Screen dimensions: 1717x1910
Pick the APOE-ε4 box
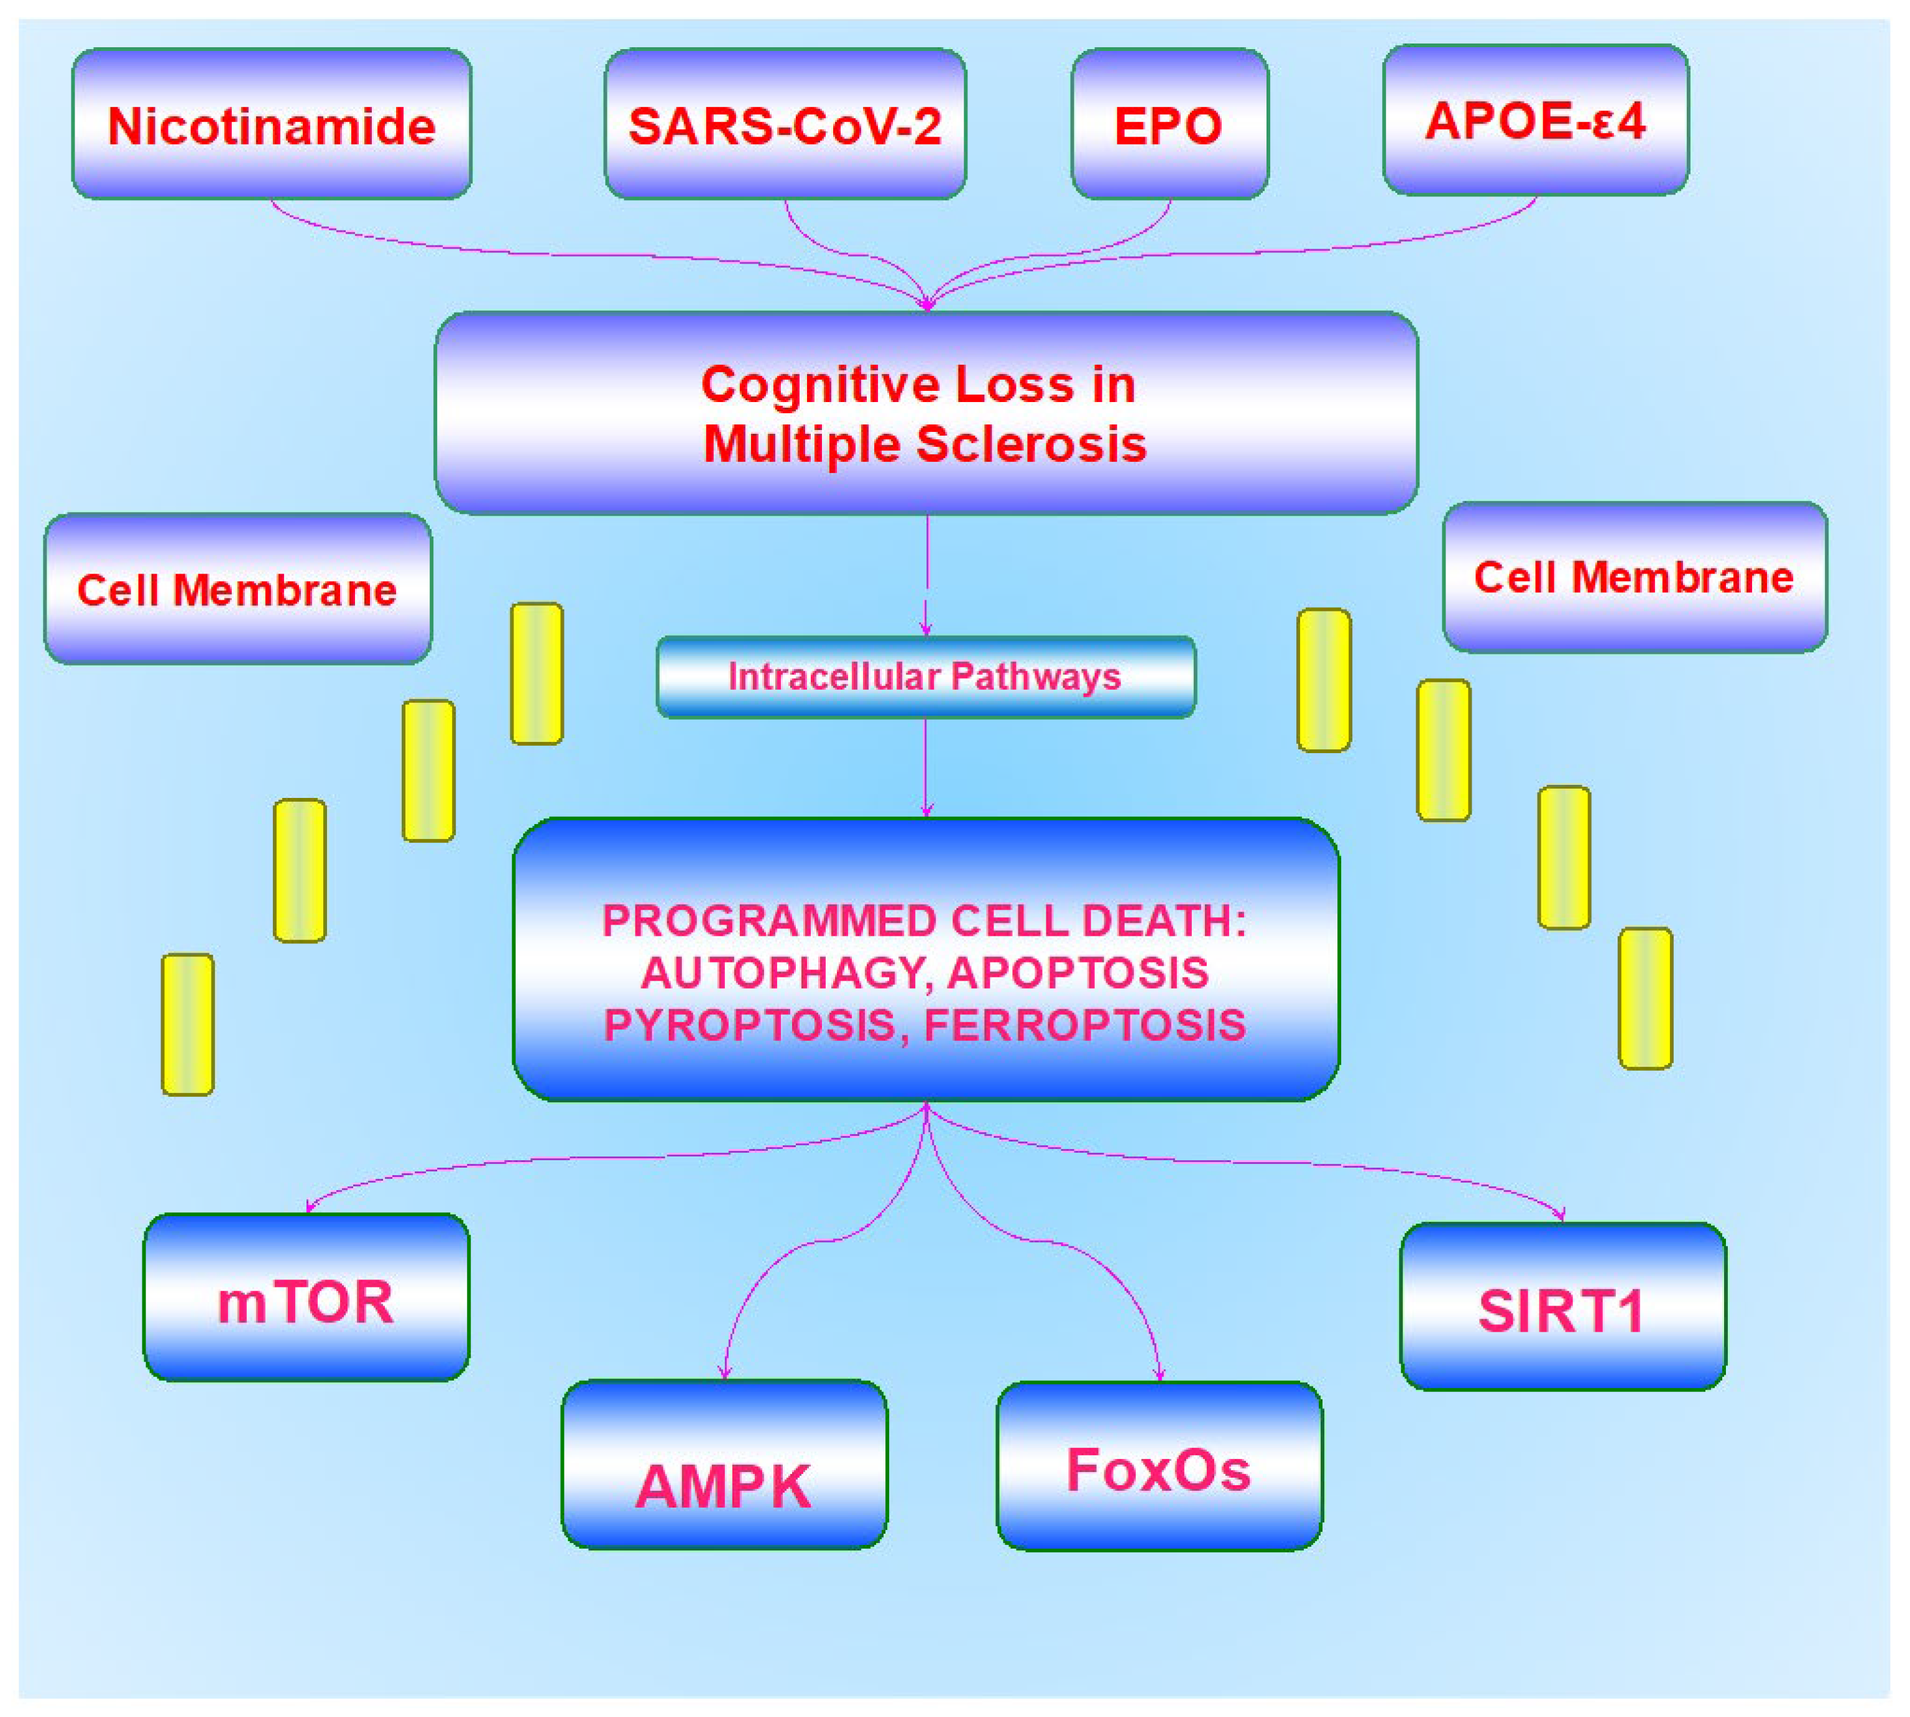tap(1535, 120)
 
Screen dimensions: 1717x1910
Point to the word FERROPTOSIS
tap(1085, 1025)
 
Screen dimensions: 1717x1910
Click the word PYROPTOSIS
tap(749, 1025)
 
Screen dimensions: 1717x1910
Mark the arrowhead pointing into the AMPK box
tap(725, 1373)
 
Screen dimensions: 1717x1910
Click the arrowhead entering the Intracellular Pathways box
tap(926, 630)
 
